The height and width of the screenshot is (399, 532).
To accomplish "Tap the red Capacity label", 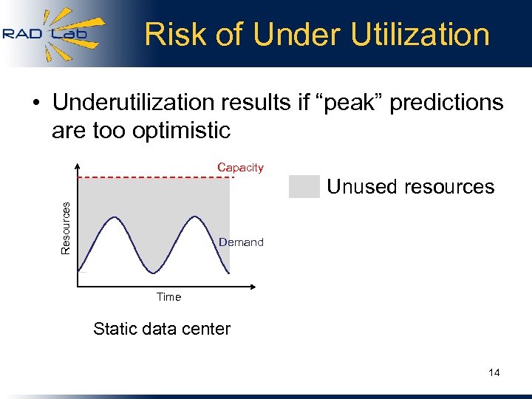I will [240, 168].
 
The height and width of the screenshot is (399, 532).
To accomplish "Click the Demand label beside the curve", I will [241, 242].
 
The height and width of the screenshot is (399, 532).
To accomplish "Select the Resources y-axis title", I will [66, 228].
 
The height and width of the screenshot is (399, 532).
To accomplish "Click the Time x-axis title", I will [168, 297].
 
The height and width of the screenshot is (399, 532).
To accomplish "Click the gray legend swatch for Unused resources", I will [304, 187].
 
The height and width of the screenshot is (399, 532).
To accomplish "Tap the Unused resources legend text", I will [410, 187].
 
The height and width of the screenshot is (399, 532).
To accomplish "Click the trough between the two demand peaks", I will [154, 273].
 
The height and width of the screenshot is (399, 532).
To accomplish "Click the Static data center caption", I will [162, 329].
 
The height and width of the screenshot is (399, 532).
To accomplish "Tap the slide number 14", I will [494, 372].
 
